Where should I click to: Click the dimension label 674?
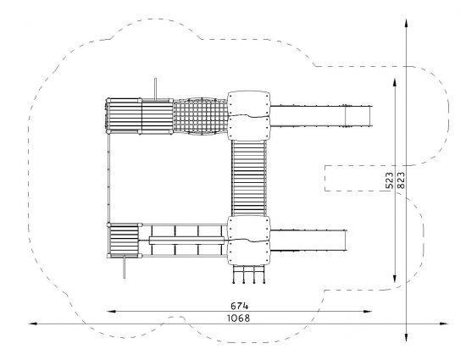pos(239,306)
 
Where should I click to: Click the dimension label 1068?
pos(239,318)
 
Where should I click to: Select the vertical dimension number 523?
pos(389,180)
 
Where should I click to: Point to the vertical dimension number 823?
pos(401,180)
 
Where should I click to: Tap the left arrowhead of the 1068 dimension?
pos(33,324)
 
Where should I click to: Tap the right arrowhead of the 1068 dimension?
pos(444,324)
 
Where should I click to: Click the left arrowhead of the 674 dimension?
pos(111,311)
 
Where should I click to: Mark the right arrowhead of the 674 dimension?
pos(368,311)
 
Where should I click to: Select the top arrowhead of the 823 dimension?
pos(406,24)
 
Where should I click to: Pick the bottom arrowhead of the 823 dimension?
pos(406,337)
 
